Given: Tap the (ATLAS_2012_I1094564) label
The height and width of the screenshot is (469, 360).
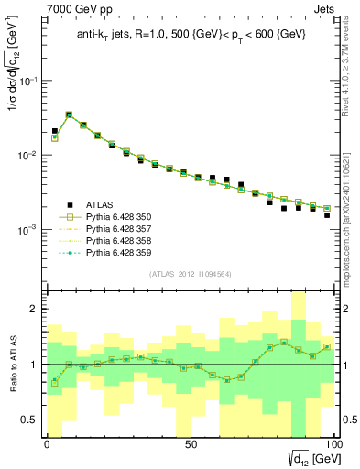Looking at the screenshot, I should pyautogui.click(x=190, y=274).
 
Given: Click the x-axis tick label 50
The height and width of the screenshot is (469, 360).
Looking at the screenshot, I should pyautogui.click(x=191, y=442).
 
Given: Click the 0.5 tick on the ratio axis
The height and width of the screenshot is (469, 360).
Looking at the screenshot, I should pyautogui.click(x=31, y=420).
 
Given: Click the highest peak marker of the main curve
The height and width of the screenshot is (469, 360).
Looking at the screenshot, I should pyautogui.click(x=69, y=115).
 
